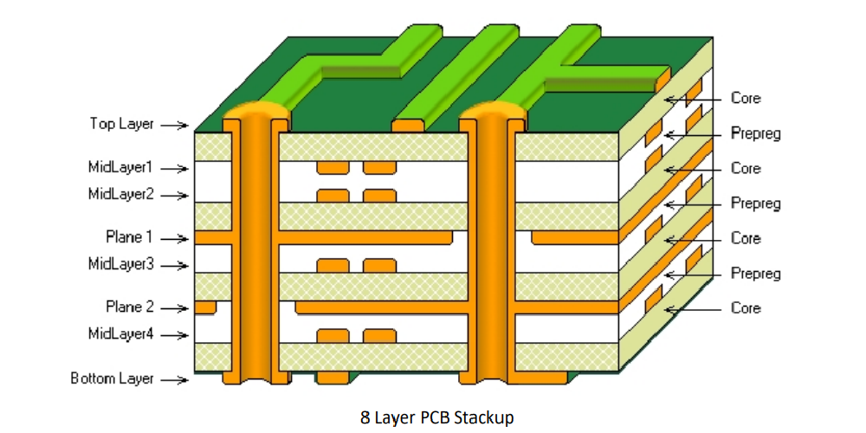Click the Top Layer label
tap(122, 124)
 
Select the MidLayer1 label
tap(120, 167)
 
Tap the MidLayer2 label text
tap(120, 194)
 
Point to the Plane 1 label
tap(129, 237)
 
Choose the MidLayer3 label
tap(120, 264)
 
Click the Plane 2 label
tap(130, 307)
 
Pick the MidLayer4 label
tap(120, 333)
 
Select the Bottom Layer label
tap(112, 379)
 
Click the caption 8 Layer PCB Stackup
tap(436, 418)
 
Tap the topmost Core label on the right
tap(746, 99)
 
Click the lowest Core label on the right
tap(746, 308)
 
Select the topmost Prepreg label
tap(755, 133)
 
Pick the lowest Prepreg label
tap(755, 274)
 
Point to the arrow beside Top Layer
tap(175, 126)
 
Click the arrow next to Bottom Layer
tap(175, 380)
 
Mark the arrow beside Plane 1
tap(175, 239)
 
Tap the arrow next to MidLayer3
tap(175, 266)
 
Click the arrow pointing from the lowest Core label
tap(693, 310)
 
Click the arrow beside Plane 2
tap(175, 308)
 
